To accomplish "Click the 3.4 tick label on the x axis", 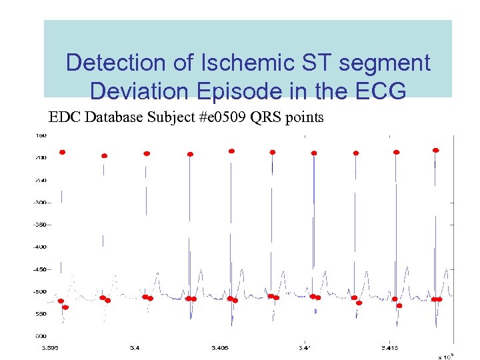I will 135,347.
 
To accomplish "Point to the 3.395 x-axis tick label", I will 51,347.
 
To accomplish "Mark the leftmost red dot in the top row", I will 63,152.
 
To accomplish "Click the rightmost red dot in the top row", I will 436,150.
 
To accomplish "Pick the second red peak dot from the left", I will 104,156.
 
